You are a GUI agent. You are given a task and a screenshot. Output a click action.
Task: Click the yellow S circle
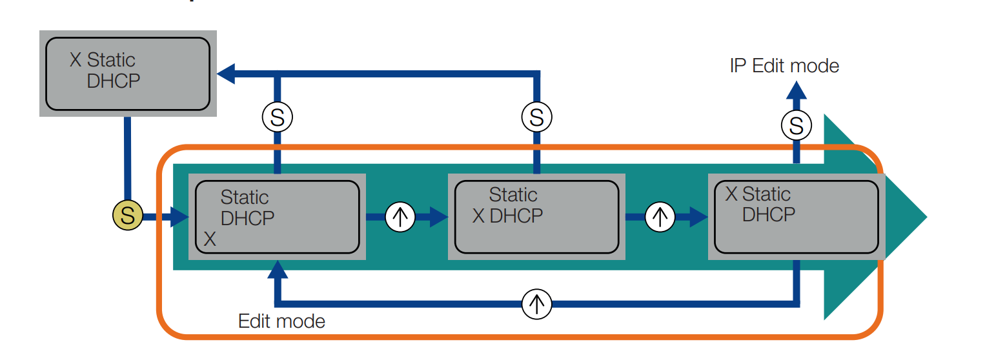click(127, 216)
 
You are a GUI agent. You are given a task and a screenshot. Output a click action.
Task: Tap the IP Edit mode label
click(784, 66)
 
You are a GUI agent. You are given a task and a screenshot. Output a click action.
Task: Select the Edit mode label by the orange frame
click(281, 321)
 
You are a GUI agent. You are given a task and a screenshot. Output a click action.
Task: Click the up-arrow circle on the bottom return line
click(537, 303)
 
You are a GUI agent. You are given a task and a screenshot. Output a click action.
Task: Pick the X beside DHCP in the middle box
click(478, 215)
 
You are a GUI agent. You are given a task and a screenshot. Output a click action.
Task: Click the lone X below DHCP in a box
click(210, 240)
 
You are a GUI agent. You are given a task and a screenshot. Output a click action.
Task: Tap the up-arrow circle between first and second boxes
click(400, 217)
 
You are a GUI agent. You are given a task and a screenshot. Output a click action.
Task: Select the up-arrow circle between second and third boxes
click(660, 217)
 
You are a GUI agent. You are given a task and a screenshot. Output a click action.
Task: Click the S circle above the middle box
click(536, 117)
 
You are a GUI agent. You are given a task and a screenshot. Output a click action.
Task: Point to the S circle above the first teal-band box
click(277, 117)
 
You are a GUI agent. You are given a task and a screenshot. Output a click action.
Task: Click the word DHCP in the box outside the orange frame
click(113, 81)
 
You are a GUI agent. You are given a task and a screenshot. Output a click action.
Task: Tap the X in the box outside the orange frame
click(76, 61)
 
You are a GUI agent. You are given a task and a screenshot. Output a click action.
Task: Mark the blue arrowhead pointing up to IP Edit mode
click(796, 90)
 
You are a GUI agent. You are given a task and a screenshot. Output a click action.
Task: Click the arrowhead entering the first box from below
click(278, 269)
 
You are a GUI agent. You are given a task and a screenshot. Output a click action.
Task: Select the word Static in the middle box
click(513, 195)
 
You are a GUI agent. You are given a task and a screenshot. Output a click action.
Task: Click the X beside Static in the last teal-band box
click(731, 194)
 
